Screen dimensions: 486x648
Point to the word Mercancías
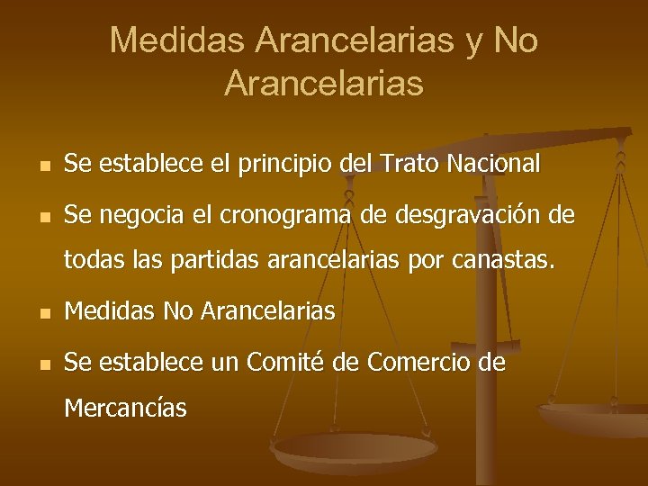(x=126, y=409)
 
